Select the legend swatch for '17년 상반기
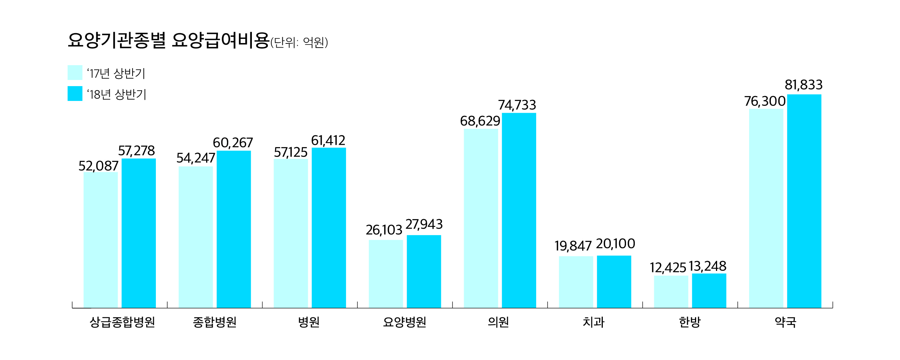75,73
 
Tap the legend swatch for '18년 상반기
75,94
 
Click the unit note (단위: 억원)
299,42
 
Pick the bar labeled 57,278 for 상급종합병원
139,233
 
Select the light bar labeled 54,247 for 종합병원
196,237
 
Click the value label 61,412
328,141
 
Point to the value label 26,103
384,230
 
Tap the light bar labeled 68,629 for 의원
481,218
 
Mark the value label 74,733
517,105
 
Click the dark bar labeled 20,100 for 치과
614,282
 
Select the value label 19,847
573,246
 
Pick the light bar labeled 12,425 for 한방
671,291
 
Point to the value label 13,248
707,266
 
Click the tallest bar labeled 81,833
804,201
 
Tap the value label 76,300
765,101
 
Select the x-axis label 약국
785,322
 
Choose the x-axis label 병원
309,322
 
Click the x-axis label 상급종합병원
122,322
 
